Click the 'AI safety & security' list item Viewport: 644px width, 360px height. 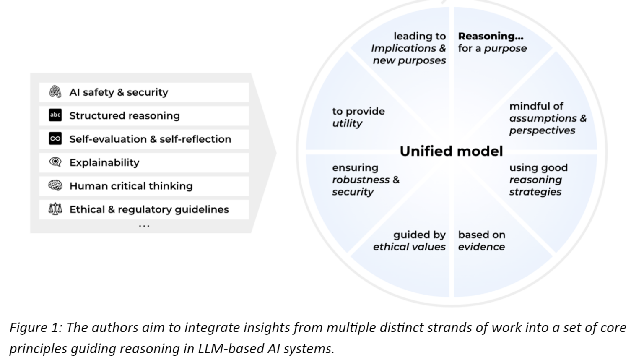[x=119, y=92]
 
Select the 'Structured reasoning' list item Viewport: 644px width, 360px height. [x=124, y=116]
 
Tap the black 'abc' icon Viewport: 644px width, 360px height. [x=55, y=115]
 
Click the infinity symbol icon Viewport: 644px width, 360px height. [x=55, y=139]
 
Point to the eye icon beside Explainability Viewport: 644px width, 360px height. [x=55, y=162]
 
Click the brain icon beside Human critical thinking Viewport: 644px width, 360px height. [x=55, y=185]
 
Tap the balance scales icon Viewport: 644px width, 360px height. [x=55, y=209]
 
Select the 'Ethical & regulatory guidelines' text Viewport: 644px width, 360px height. [x=149, y=209]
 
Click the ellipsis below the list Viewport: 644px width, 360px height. [x=144, y=226]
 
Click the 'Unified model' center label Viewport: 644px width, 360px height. [x=451, y=151]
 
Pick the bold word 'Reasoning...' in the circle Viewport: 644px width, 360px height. [x=490, y=37]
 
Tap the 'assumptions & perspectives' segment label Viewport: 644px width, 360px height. [x=547, y=124]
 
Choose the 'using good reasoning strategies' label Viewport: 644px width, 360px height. [x=538, y=180]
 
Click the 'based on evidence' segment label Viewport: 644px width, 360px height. [x=481, y=241]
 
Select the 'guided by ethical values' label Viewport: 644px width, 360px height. [x=409, y=241]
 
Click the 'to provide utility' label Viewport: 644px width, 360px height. [x=358, y=117]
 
